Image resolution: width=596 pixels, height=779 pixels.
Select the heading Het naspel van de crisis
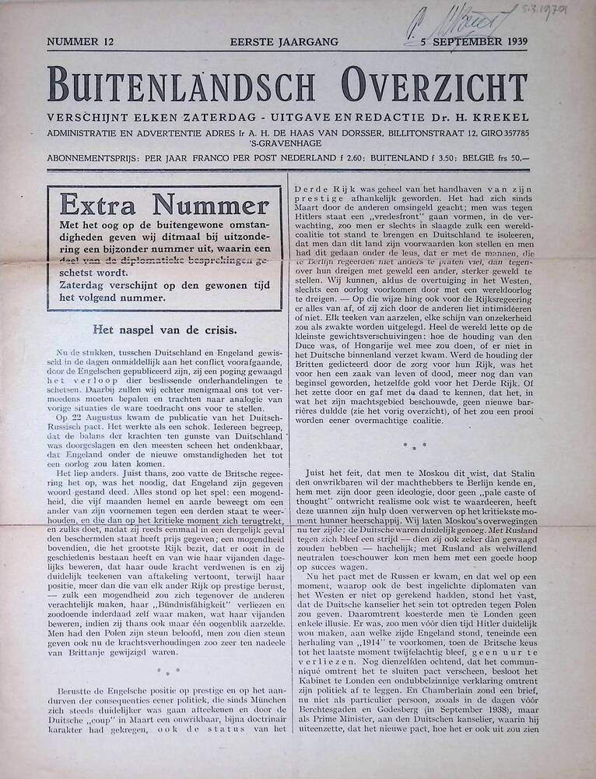point(165,330)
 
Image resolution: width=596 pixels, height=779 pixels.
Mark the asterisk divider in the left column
point(168,671)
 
